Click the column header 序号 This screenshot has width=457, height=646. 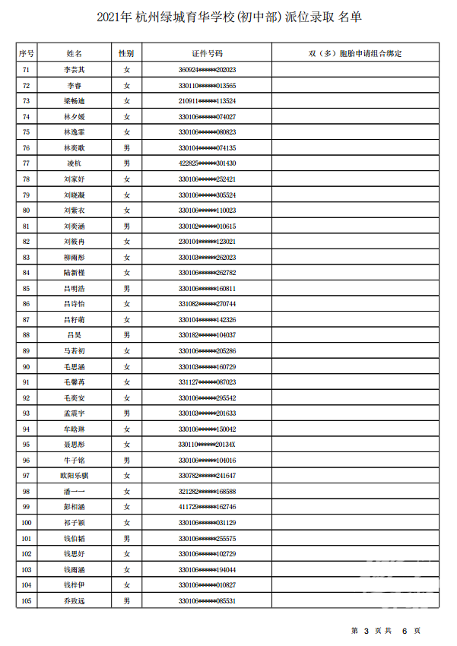tap(27, 54)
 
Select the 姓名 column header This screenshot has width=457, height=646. tap(74, 54)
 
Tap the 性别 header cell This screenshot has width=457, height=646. tap(126, 54)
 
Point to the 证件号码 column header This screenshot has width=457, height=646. tap(207, 54)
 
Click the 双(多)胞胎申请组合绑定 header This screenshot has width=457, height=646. tap(355, 54)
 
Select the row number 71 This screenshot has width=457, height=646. tap(27, 70)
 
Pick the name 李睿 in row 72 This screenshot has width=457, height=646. tap(74, 85)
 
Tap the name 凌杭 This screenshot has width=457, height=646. tap(74, 163)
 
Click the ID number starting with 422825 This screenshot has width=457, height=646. tap(207, 163)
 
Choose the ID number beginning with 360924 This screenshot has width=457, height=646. tap(207, 70)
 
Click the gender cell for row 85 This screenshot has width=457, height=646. tap(126, 288)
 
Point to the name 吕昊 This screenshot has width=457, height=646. tap(74, 335)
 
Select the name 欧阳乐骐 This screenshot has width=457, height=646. tap(74, 476)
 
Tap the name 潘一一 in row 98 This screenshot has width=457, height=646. tap(74, 492)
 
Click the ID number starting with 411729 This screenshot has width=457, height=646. tap(207, 507)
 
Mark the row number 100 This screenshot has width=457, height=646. tap(27, 523)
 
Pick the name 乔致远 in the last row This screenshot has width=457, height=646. tap(74, 601)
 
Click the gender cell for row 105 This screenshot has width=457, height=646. tap(126, 601)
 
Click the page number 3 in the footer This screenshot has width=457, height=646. tap(366, 631)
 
